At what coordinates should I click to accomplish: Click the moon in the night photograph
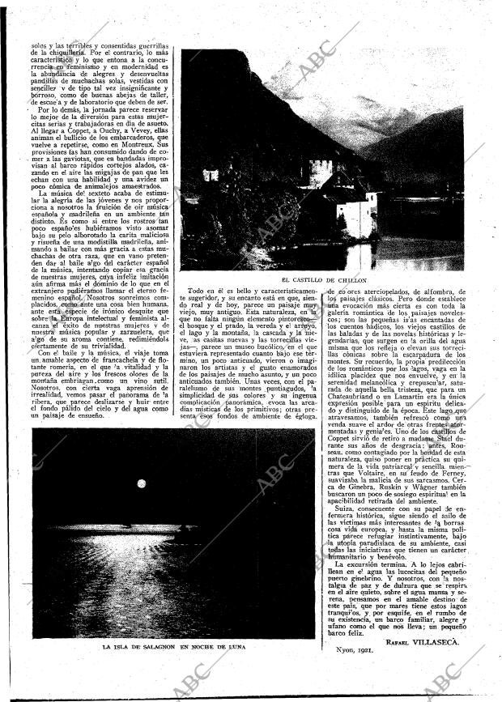142,483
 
